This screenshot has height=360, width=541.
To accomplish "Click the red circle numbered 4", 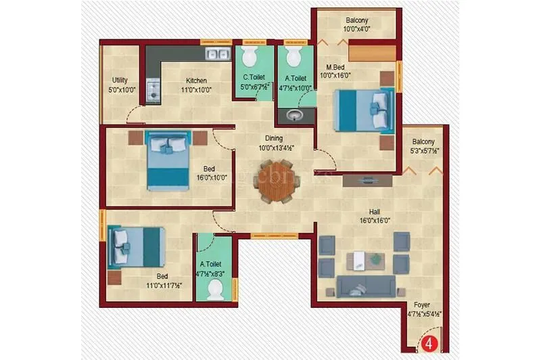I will tap(428, 343).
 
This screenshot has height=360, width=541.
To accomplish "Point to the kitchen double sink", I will tap(217, 55).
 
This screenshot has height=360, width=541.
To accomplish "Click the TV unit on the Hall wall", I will tap(369, 180).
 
